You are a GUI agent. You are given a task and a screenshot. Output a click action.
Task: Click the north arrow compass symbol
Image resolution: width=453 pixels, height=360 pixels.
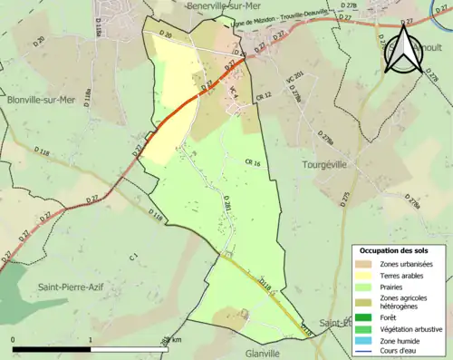click(401, 50)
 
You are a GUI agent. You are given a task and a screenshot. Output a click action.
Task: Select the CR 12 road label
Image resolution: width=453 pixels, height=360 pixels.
click(265, 96)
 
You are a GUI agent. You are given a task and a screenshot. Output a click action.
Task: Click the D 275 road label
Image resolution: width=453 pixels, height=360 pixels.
click(344, 198)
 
